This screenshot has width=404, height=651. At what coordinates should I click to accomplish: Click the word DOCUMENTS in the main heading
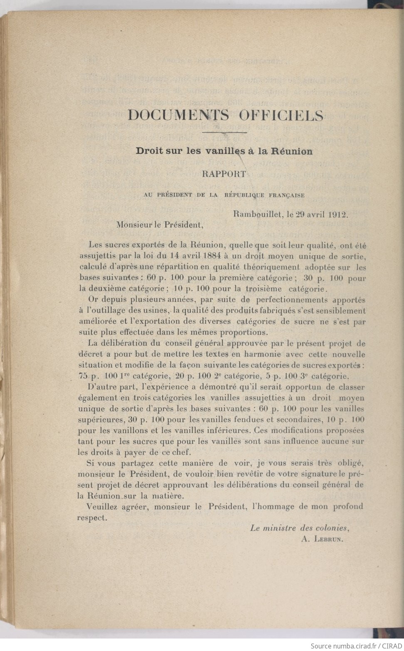[178, 115]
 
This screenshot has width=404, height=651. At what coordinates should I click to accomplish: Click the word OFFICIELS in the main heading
[281, 115]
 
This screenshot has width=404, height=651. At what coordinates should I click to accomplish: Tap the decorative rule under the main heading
[224, 133]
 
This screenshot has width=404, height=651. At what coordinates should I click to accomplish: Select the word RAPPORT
[224, 174]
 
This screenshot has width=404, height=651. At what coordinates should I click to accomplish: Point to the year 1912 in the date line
[337, 215]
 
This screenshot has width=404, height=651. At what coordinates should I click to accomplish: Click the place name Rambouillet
[257, 215]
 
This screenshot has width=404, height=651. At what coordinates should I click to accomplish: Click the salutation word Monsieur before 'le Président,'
[134, 225]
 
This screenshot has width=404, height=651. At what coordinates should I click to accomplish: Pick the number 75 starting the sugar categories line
[83, 376]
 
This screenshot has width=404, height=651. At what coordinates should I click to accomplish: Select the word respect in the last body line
[91, 518]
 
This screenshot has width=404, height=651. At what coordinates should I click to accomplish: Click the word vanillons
[115, 430]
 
